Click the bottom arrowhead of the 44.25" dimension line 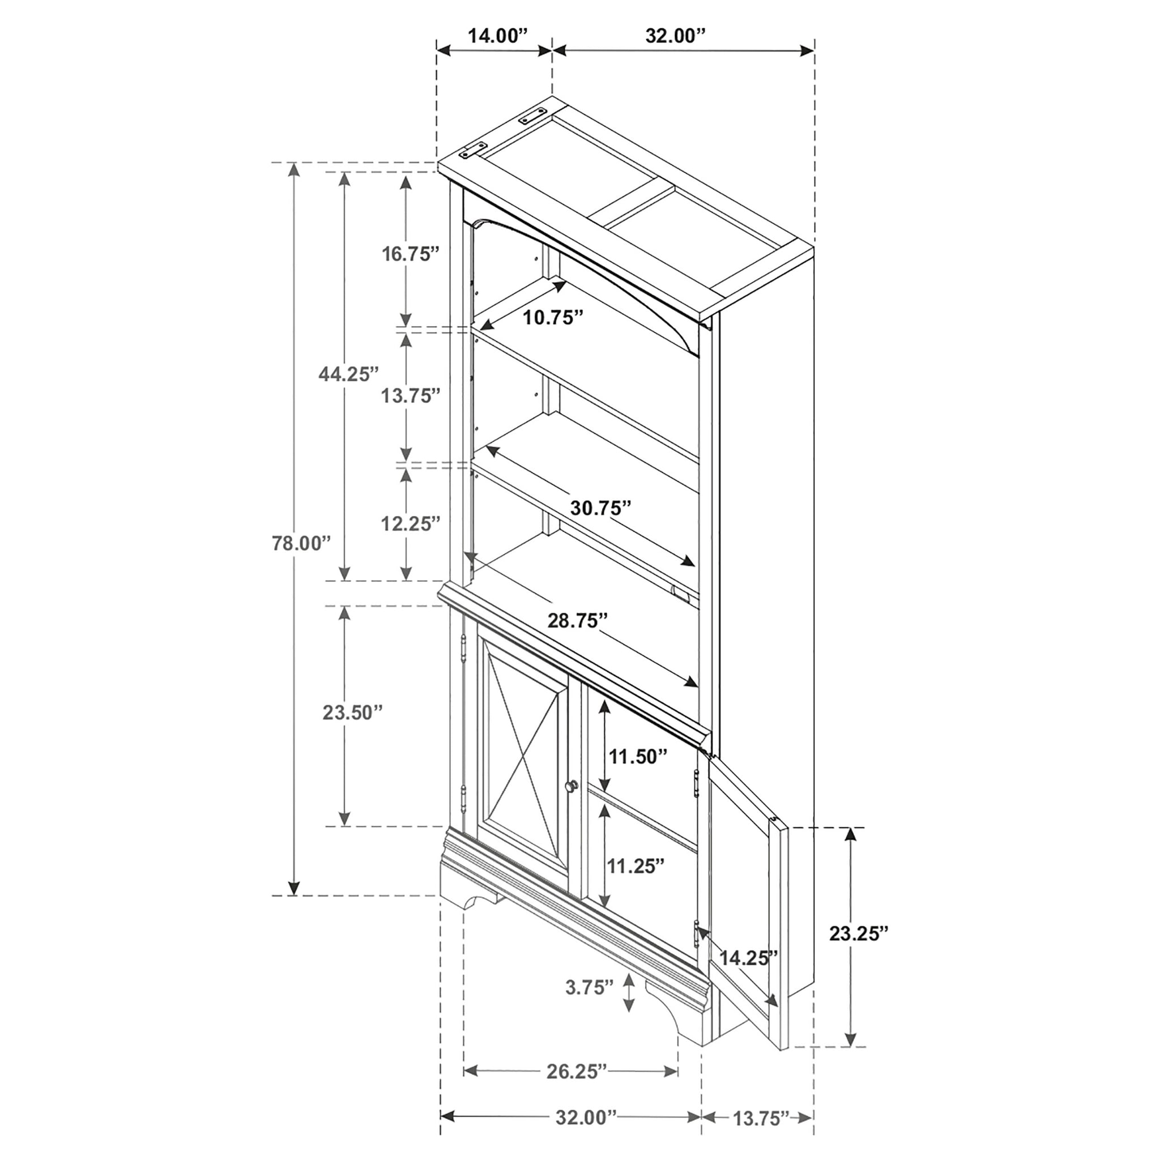pyautogui.click(x=344, y=573)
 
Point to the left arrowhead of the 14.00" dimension pyautogui.click(x=443, y=51)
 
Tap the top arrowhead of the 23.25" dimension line pyautogui.click(x=850, y=835)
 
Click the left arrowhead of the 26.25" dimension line pyautogui.click(x=472, y=1037)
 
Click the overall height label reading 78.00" pyautogui.click(x=301, y=543)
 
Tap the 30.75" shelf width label pyautogui.click(x=601, y=507)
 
